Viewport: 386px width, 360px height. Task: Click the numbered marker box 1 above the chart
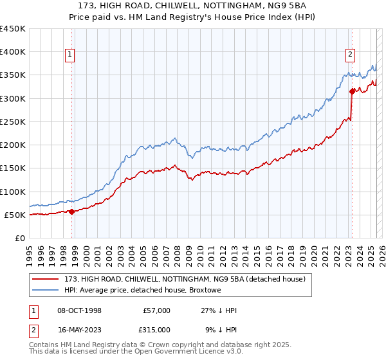[x=69, y=55]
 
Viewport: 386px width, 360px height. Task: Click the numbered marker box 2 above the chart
[x=351, y=55]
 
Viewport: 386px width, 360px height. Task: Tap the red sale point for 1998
[x=72, y=212]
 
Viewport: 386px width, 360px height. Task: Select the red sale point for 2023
[x=352, y=92]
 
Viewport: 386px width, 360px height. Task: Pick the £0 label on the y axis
[x=21, y=238]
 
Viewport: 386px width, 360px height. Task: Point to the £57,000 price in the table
[x=157, y=310]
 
